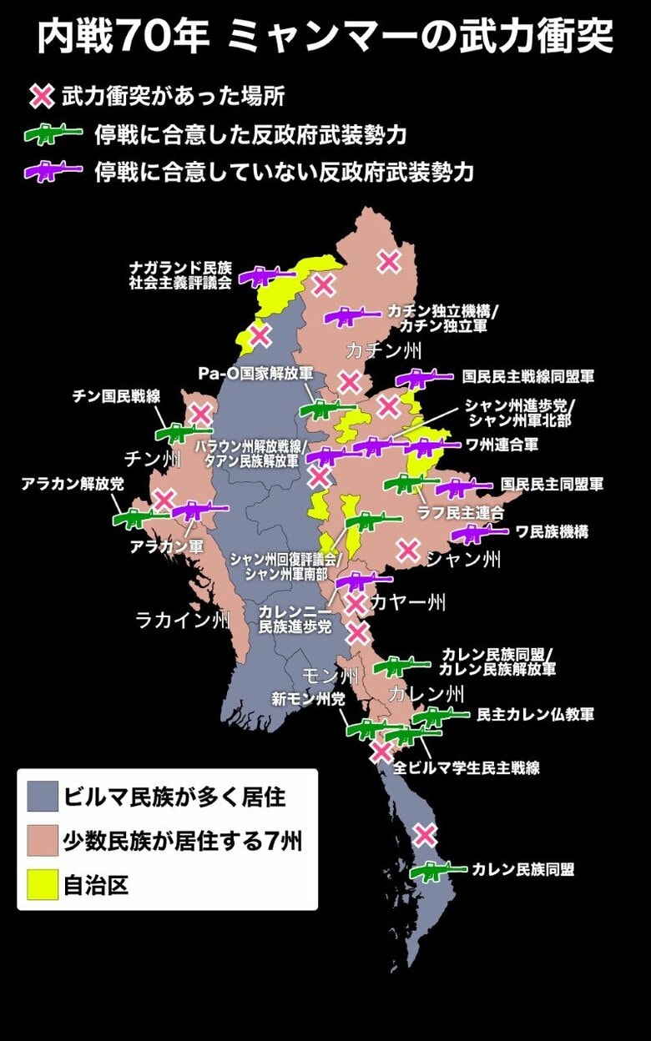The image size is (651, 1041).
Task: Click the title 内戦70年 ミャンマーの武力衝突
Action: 325,38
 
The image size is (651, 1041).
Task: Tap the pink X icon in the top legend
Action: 42,97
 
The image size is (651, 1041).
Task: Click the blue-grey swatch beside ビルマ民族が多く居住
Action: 42,797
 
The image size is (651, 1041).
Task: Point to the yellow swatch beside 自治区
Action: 42,884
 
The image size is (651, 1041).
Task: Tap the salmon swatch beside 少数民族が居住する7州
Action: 42,841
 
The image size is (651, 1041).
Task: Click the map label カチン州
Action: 384,349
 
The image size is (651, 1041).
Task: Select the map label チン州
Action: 153,459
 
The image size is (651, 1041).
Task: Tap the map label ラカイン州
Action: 183,619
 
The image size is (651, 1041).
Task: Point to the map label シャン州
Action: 463,558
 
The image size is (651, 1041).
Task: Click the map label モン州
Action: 331,675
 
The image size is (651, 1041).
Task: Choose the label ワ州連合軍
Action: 502,445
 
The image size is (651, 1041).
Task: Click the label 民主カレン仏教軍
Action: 535,715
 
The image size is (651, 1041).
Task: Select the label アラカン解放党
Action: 73,484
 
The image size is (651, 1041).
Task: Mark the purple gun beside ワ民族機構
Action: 478,533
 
